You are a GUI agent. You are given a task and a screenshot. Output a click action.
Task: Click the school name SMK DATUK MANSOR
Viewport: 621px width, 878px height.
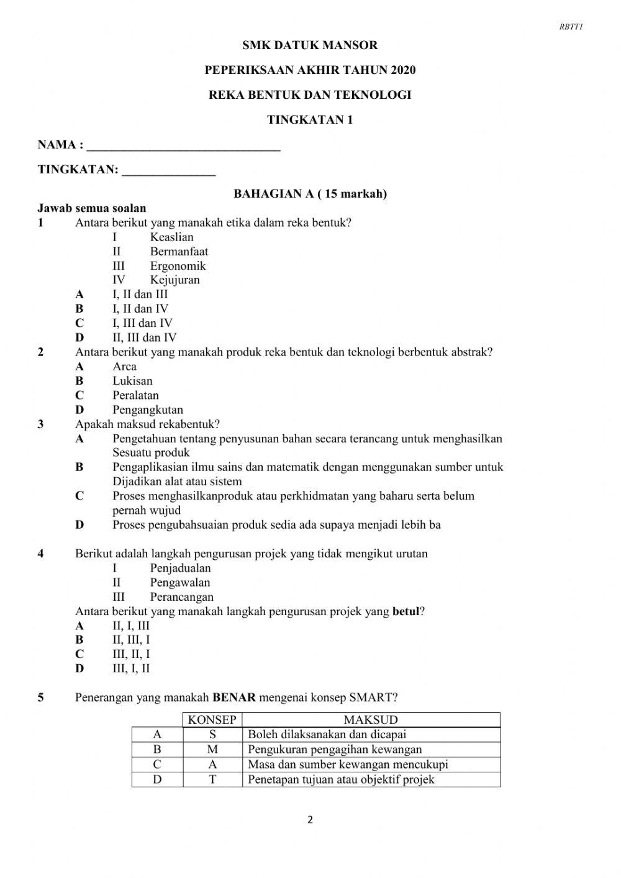click(310, 45)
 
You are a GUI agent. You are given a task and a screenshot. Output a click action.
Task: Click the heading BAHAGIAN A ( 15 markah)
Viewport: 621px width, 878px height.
click(310, 194)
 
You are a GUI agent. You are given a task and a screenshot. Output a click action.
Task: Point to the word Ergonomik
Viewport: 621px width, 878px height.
click(178, 266)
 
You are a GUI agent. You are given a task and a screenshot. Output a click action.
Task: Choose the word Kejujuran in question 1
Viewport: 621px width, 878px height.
click(175, 280)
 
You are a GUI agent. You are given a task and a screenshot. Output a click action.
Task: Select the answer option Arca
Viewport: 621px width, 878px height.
click(124, 367)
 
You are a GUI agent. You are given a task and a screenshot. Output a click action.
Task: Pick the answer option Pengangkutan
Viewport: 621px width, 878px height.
click(148, 410)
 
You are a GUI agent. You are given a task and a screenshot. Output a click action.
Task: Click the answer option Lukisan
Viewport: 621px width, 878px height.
click(132, 381)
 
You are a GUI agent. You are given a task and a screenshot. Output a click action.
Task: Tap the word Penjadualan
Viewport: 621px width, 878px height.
click(180, 568)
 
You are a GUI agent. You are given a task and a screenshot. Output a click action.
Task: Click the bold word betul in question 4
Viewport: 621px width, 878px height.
click(406, 611)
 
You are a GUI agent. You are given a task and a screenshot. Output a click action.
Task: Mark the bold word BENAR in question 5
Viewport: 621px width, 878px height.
click(234, 697)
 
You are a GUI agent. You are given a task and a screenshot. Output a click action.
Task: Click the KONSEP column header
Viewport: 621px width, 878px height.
click(212, 720)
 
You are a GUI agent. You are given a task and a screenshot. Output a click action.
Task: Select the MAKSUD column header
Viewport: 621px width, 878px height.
click(371, 720)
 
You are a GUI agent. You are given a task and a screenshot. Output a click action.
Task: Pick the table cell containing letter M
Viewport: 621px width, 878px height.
click(212, 749)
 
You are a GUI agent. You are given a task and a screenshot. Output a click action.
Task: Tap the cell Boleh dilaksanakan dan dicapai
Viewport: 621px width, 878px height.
click(327, 734)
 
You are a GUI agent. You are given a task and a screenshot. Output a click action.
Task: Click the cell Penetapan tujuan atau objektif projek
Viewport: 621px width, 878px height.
click(341, 780)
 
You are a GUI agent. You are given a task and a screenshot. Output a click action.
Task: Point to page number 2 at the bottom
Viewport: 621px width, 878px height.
click(310, 820)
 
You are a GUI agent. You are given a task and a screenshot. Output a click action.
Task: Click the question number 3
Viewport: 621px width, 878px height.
click(41, 424)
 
